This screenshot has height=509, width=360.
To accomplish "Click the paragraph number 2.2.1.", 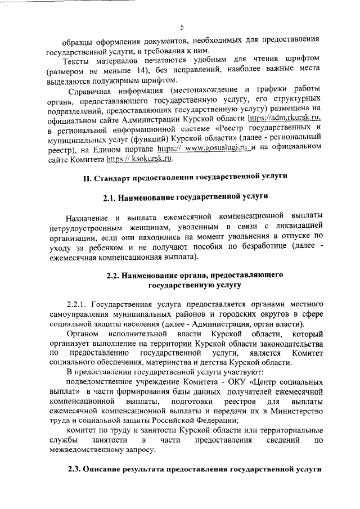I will click(x=77, y=305).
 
